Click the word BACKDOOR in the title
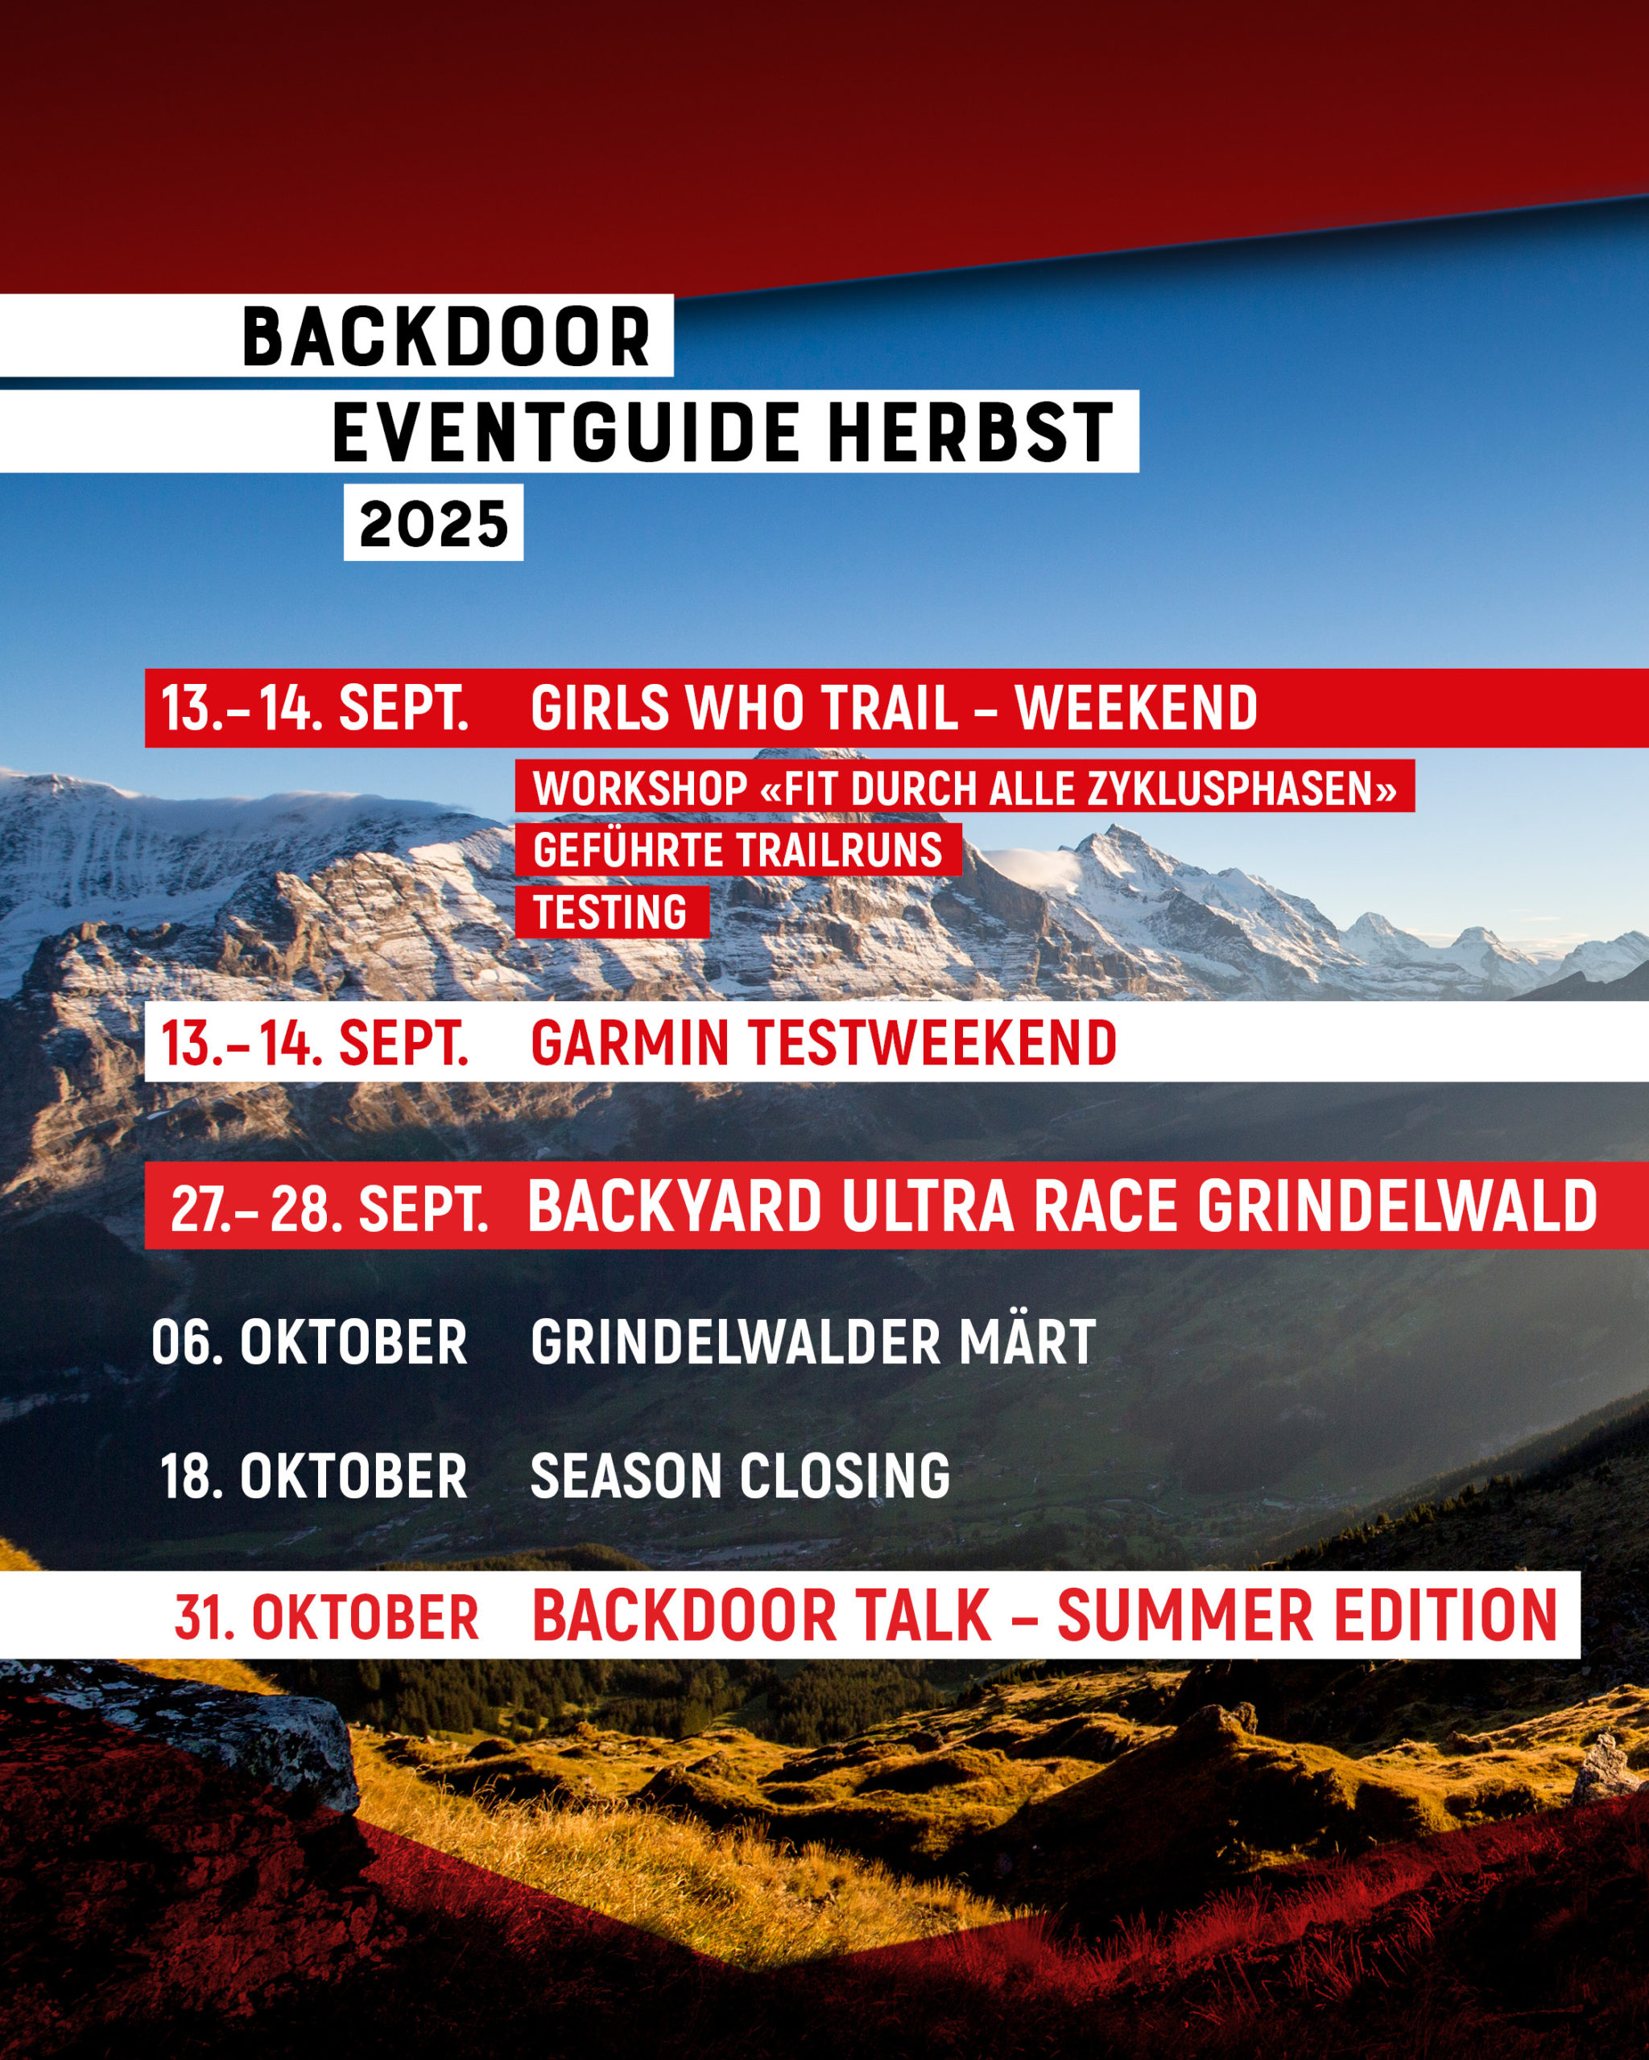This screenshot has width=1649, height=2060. coord(446,337)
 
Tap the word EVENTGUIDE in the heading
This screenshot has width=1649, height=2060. coord(566,433)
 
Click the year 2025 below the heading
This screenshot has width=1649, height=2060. coord(434,524)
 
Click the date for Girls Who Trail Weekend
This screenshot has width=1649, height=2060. coord(315,708)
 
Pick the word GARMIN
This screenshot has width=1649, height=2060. coord(630,1041)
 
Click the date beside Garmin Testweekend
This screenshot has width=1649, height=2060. coord(315,1041)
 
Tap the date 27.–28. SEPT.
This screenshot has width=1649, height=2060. coord(329,1209)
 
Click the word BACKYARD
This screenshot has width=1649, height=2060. coord(675,1207)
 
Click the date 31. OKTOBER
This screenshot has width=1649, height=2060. coord(326,1617)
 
